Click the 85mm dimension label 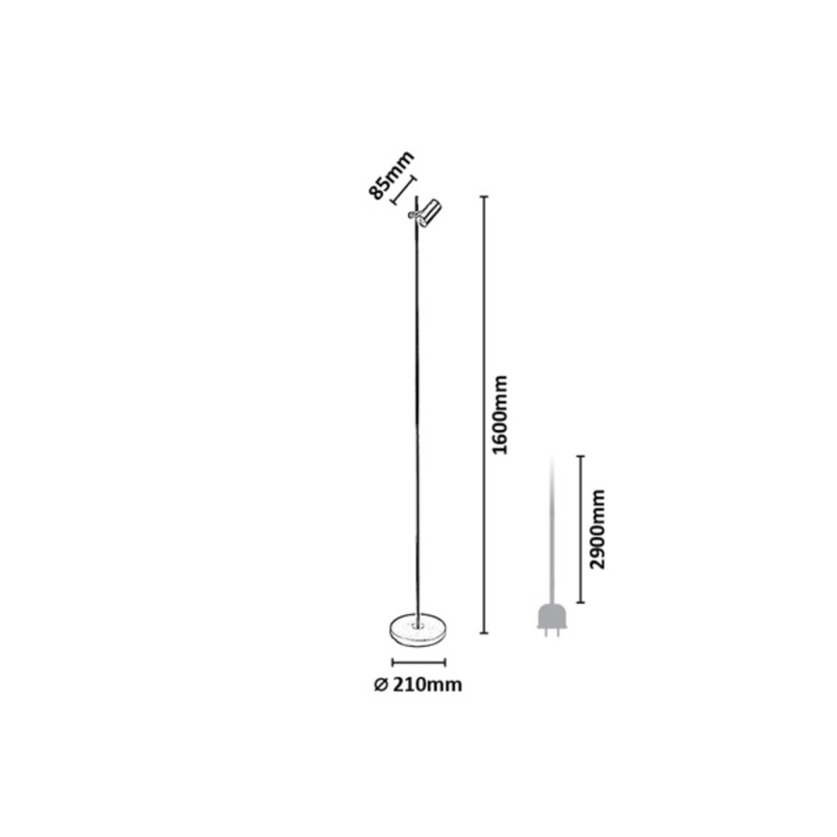tap(391, 175)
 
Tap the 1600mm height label tap(499, 415)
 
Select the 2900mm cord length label tap(599, 529)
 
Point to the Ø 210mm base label tap(418, 685)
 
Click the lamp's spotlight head tap(425, 213)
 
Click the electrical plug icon tap(553, 620)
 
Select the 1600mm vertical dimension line tap(484, 416)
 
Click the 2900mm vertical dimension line tap(580, 529)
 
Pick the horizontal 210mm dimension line tap(418, 663)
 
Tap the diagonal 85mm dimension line tap(403, 191)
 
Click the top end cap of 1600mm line tap(484, 197)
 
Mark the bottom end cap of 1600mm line tap(484, 634)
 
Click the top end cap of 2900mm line tap(580, 456)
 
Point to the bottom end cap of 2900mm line tap(580, 603)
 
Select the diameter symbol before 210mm tap(380, 685)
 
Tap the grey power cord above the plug tap(553, 529)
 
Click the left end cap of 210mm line tap(392, 663)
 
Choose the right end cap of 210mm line tap(445, 663)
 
